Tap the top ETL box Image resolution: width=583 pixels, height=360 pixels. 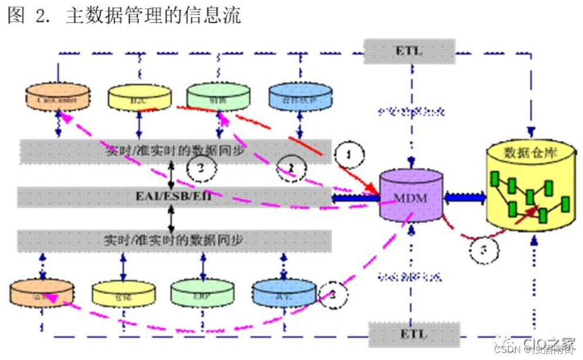(409, 50)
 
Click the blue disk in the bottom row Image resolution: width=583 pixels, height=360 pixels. (284, 292)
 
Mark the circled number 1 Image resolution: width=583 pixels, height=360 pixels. (349, 155)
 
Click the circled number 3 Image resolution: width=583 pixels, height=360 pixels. (484, 250)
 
